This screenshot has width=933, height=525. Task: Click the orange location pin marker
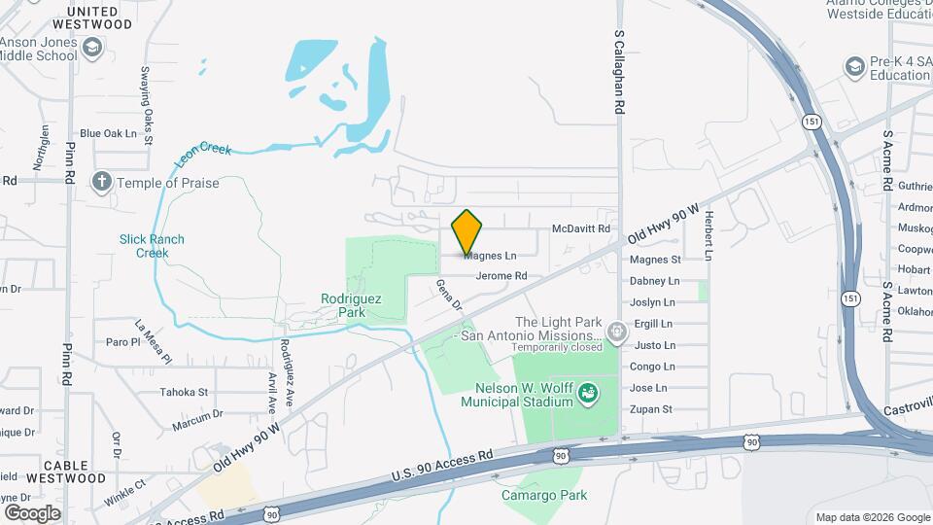[x=467, y=232]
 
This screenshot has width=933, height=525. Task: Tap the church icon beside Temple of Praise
[x=101, y=182]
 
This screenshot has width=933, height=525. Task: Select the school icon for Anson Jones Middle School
[x=92, y=48]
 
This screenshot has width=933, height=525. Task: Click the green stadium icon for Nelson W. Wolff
[x=587, y=394]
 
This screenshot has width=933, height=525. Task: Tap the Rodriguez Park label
[x=344, y=305]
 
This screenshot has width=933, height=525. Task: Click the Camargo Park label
[x=544, y=495]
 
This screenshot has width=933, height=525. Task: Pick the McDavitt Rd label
[x=580, y=229]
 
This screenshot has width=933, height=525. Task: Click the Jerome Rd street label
[x=501, y=276]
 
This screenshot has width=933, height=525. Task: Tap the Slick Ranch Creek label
[x=152, y=246]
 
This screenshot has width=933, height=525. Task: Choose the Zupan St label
[x=651, y=409]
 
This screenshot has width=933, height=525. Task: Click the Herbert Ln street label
[x=709, y=236]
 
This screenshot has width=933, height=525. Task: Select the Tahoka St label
[x=185, y=393]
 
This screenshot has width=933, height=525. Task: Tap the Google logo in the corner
[x=32, y=512]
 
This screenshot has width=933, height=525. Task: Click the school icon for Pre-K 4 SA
[x=854, y=67]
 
